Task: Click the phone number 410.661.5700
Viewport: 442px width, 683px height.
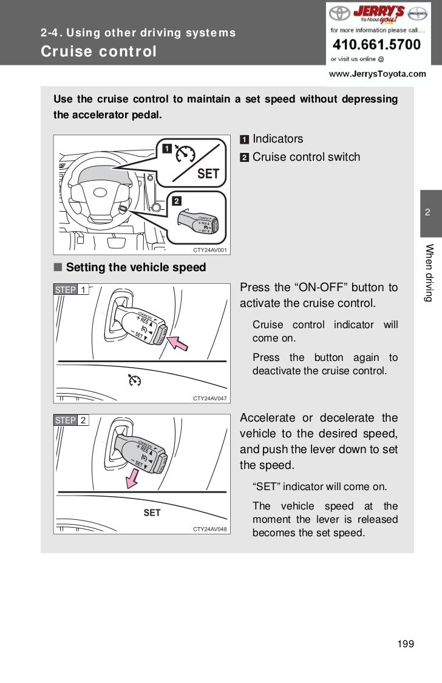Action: [376, 45]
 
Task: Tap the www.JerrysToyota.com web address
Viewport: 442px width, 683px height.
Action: [377, 74]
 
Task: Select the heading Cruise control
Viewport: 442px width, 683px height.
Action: [99, 52]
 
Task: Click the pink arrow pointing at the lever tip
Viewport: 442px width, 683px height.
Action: [177, 343]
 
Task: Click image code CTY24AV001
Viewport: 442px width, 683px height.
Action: [209, 250]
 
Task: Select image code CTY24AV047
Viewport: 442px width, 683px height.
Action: [209, 399]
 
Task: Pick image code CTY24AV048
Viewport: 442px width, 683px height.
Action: [209, 530]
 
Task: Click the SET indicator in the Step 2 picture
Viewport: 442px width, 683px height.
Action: [152, 513]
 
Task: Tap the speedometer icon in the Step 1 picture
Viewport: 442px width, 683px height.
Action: [135, 381]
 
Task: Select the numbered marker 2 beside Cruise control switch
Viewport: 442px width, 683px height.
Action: [244, 158]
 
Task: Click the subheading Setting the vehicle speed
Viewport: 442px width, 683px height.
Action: [135, 267]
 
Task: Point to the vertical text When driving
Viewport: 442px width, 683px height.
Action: [430, 272]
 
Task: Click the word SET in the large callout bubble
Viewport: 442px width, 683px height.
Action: [208, 174]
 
